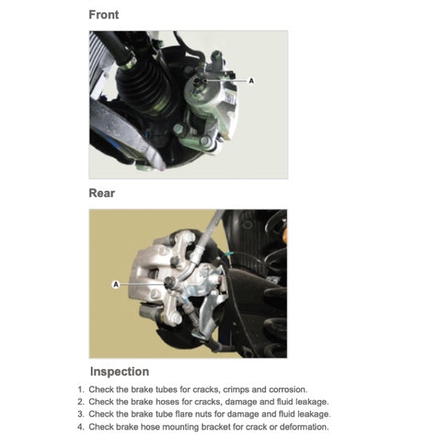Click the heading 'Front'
(104, 14)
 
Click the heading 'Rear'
(102, 193)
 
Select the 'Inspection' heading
(119, 371)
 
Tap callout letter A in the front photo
(253, 81)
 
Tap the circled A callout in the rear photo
(116, 284)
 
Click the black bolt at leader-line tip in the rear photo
(168, 284)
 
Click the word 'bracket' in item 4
(208, 427)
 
